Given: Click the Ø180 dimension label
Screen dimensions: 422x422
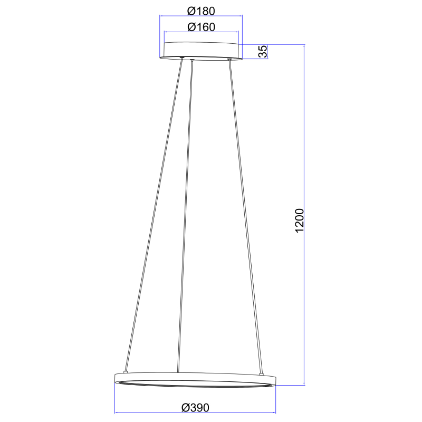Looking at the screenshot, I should [x=201, y=11].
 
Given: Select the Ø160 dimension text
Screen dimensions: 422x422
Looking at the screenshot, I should [x=201, y=27].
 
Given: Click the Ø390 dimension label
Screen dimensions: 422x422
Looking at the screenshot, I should [x=195, y=407].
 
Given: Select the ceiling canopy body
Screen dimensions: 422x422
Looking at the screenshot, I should [x=201, y=51].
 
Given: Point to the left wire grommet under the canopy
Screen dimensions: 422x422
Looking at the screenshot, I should [x=181, y=59].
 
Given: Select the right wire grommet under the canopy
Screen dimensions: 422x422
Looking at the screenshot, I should [x=229, y=59].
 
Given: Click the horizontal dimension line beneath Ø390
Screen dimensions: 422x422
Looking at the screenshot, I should [x=158, y=413].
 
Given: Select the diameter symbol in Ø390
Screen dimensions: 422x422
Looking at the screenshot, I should [x=185, y=407].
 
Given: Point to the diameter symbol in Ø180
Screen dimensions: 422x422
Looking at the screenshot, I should [x=191, y=11].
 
